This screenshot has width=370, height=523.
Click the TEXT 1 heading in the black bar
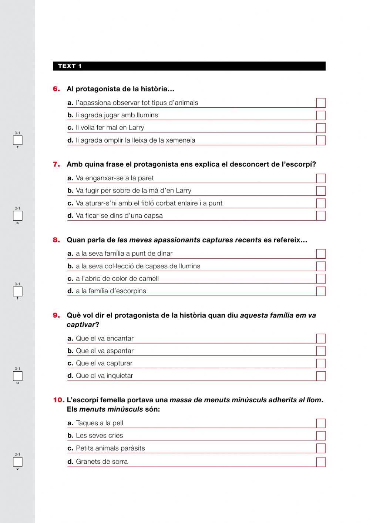pos(70,66)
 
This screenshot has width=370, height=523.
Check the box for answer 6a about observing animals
pos(321,103)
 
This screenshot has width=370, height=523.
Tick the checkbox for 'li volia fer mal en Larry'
pos(321,128)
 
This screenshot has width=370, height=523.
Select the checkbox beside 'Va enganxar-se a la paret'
pos(321,178)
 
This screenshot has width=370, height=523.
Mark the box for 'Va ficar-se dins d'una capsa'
pos(321,216)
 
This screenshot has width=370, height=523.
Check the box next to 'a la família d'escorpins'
pos(321,291)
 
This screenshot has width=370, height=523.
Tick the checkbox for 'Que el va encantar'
pos(321,339)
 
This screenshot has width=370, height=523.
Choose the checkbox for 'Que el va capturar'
pos(321,363)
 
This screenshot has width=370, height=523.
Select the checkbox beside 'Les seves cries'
pos(321,436)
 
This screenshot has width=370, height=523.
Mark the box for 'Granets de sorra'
pos(321,462)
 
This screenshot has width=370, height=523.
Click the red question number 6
pos(56,89)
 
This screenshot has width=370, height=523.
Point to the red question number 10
pos(58,400)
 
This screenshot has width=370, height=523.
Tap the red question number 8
pos(56,240)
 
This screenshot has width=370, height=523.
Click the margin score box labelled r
pos(18,140)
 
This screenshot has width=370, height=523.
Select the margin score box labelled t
pos(18,291)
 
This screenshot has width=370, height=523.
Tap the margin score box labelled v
pos(18,462)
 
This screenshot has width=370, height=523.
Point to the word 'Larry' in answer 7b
pos(184,191)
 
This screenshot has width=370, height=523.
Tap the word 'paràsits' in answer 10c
pos(132,448)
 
